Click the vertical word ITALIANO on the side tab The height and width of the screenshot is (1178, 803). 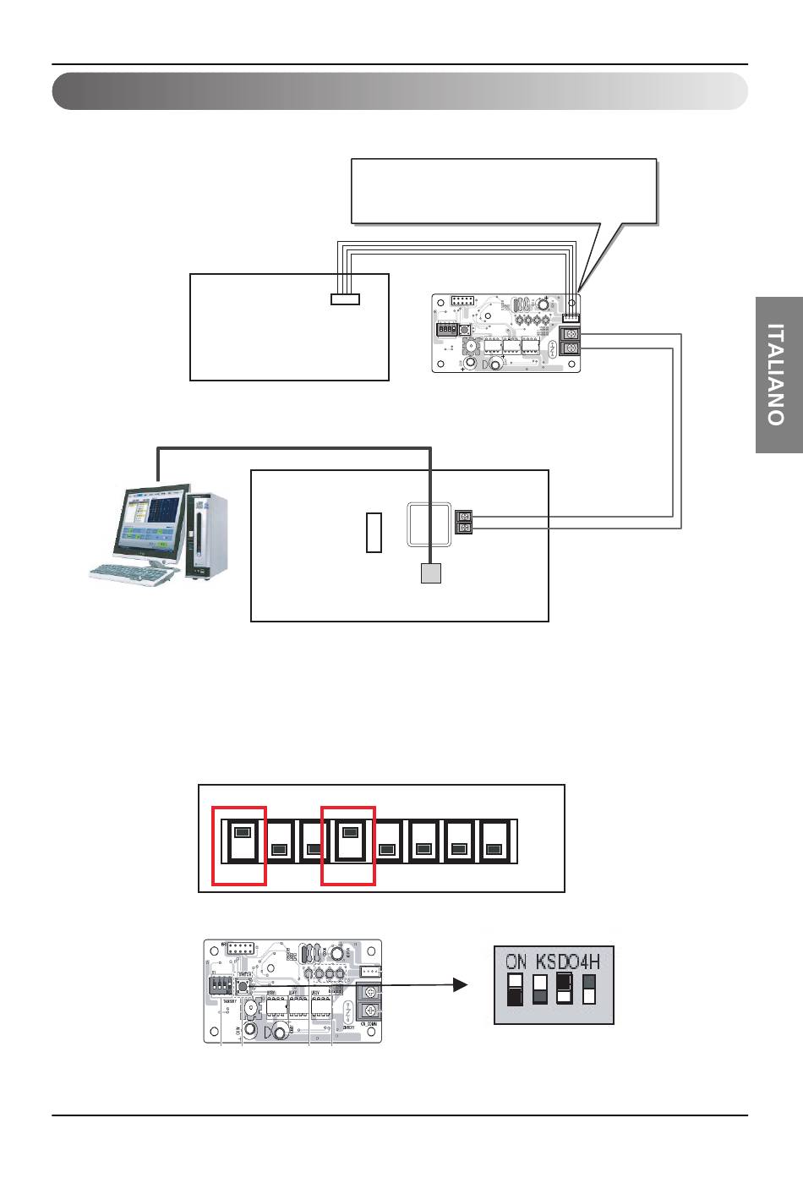click(778, 374)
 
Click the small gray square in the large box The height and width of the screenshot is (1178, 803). click(431, 574)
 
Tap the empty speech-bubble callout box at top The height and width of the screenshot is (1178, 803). click(504, 191)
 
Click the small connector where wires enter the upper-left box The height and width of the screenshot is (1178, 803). click(344, 299)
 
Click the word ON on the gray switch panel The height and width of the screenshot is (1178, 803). click(516, 962)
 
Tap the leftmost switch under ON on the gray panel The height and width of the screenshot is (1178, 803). click(515, 989)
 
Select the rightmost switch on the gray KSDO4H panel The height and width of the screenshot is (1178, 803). click(590, 989)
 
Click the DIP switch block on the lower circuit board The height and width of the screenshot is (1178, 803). click(219, 986)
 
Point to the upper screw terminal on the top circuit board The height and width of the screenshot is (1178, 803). click(571, 334)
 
